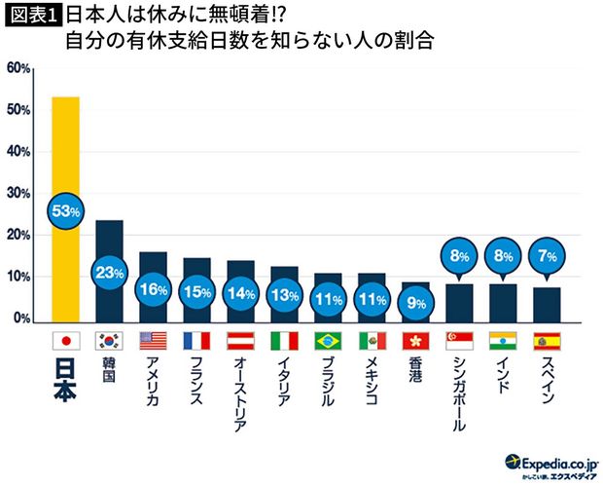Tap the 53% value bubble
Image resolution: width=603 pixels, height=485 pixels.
(x=66, y=209)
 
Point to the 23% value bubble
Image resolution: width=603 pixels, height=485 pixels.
(x=109, y=274)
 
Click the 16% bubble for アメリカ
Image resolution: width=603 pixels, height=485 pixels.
(x=153, y=290)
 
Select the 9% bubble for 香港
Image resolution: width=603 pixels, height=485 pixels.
(x=415, y=302)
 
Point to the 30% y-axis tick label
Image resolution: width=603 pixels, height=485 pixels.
(x=19, y=194)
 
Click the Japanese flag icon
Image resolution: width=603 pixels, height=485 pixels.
(x=65, y=341)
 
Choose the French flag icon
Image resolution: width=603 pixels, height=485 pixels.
(x=196, y=341)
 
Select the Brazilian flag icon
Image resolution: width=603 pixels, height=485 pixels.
(x=328, y=341)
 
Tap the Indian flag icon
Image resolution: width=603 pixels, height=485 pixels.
(x=503, y=341)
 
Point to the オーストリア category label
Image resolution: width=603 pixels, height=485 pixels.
(x=240, y=393)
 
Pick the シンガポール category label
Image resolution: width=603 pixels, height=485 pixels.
(x=459, y=393)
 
